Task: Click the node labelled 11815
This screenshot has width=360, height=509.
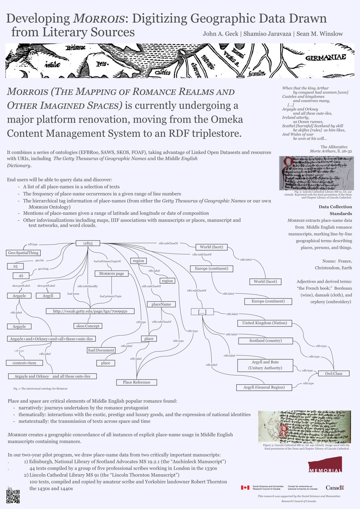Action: point(88,243)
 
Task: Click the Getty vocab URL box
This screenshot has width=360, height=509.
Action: point(90,311)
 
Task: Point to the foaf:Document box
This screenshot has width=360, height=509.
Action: point(101,350)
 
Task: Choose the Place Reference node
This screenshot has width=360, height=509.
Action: point(137,382)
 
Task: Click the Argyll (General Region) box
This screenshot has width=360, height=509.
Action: point(264,387)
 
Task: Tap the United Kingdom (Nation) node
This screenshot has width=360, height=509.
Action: point(264,323)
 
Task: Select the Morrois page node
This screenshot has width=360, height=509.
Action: point(111,274)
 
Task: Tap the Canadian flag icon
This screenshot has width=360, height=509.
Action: point(245,487)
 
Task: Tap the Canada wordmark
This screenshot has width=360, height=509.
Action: point(335,487)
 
